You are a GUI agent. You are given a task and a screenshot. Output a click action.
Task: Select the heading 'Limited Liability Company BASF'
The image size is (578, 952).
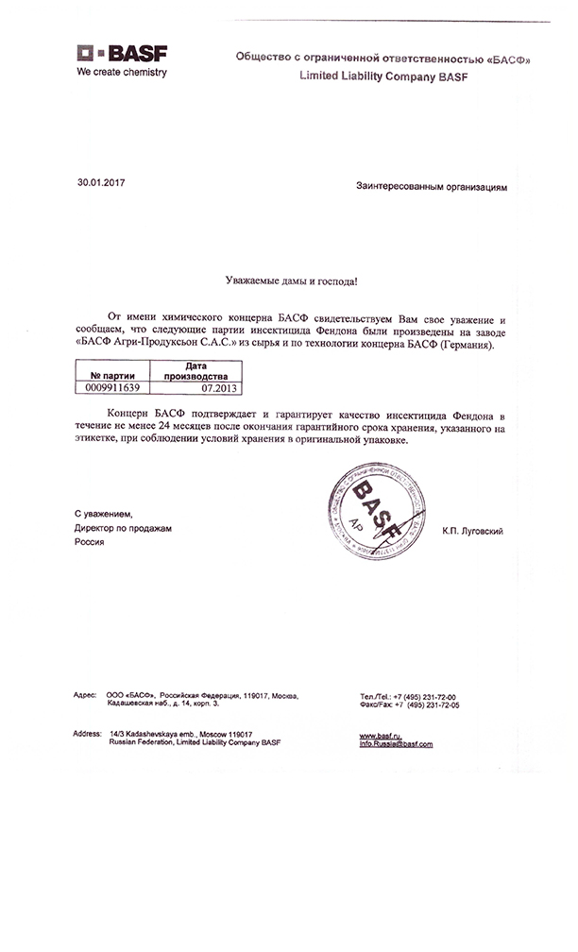point(382,76)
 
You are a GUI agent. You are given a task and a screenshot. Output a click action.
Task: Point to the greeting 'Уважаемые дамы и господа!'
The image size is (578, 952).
point(293,280)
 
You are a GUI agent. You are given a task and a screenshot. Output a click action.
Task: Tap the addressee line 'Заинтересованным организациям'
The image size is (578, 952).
point(432,187)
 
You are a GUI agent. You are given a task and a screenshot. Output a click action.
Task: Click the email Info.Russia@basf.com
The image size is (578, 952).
point(396,744)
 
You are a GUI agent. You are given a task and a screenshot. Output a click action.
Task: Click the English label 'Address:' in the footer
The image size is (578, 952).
point(87,734)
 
